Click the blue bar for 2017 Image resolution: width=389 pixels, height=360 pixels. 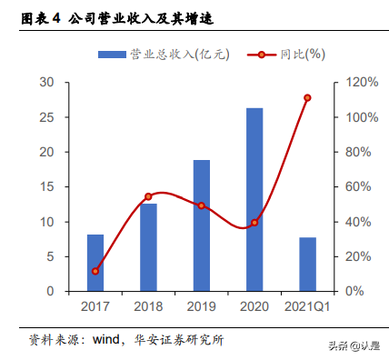tap(95, 263)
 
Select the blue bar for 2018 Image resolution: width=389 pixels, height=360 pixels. tap(148, 247)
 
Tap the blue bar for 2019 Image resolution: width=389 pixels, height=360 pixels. tap(202, 225)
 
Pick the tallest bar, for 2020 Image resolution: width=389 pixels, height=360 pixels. tap(254, 200)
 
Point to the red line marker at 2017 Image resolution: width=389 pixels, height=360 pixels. tap(95, 271)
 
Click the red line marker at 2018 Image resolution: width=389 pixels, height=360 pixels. tap(148, 196)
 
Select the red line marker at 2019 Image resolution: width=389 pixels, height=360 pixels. tap(202, 205)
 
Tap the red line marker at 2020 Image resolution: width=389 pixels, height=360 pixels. tap(254, 223)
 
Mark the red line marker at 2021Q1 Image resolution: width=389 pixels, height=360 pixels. tap(307, 98)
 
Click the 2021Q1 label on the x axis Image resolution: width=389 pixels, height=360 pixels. tap(307, 308)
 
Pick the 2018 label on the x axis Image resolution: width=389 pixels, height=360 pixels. tap(148, 308)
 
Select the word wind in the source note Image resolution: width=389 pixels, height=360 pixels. tap(109, 340)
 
